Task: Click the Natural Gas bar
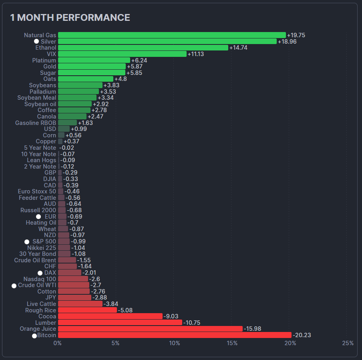coord(172,35)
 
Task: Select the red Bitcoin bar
coord(175,335)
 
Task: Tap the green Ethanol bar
coord(143,48)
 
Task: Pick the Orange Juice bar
coord(150,329)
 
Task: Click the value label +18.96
coord(287,42)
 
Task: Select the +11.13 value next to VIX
coord(196,54)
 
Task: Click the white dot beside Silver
coord(36,41)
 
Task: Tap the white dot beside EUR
coord(38,217)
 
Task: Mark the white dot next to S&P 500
coord(27,241)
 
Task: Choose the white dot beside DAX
coord(40,273)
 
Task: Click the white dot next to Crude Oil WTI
coord(14,286)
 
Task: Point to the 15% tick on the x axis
coord(232,343)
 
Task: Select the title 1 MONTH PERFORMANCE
coord(70,18)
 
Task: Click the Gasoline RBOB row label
coord(36,123)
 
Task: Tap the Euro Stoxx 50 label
coord(37,191)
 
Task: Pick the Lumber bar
coord(120,323)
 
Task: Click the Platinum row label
coord(44,60)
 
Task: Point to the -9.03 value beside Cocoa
coord(171,316)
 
